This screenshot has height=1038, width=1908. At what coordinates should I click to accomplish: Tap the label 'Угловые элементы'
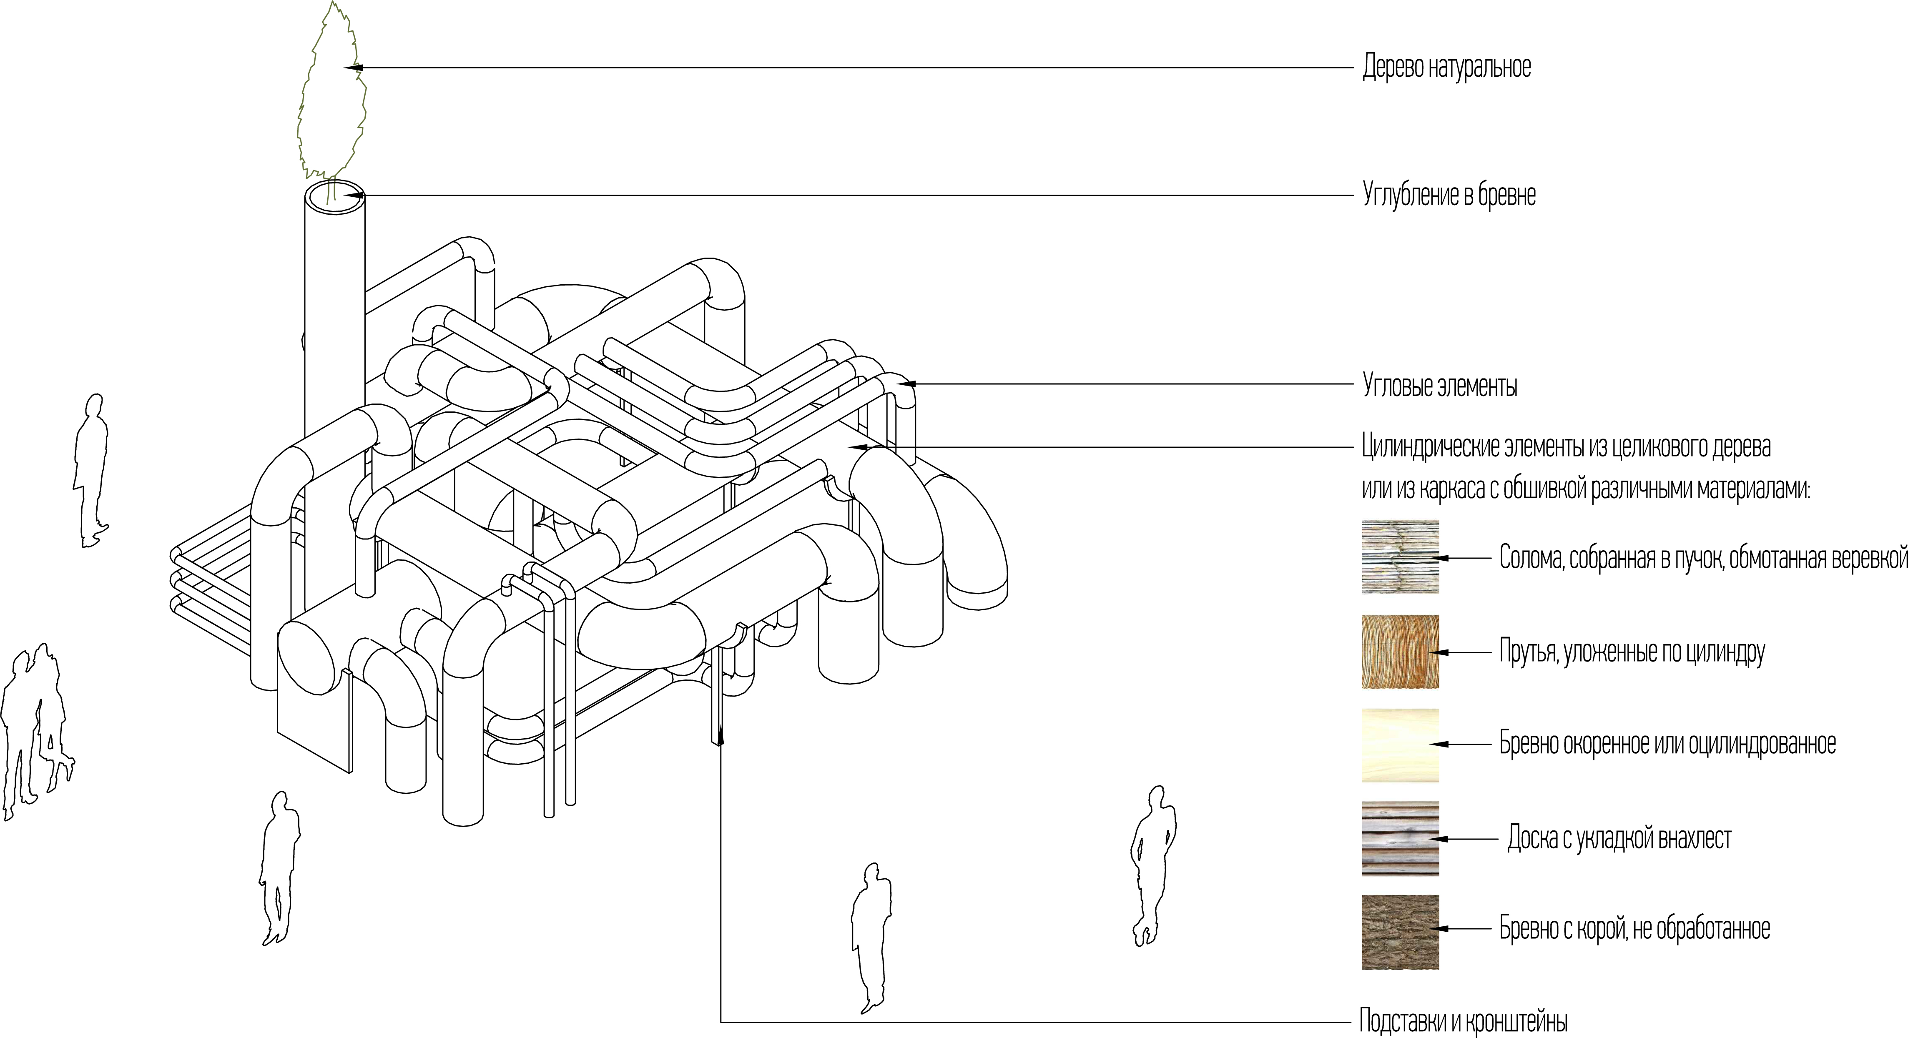1440,386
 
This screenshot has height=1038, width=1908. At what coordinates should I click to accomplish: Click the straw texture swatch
1400,557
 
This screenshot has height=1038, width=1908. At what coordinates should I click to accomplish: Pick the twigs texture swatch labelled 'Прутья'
1400,652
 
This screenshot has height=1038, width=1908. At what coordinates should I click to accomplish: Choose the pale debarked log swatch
1400,745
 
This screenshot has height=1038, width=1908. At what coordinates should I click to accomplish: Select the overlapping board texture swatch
1400,838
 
